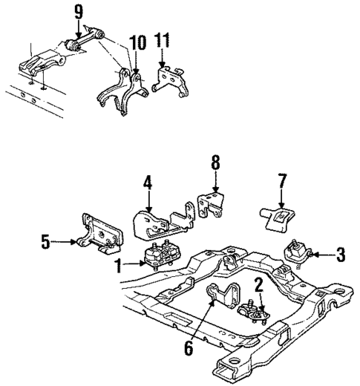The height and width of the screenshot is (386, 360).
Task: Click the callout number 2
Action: tap(258, 283)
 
